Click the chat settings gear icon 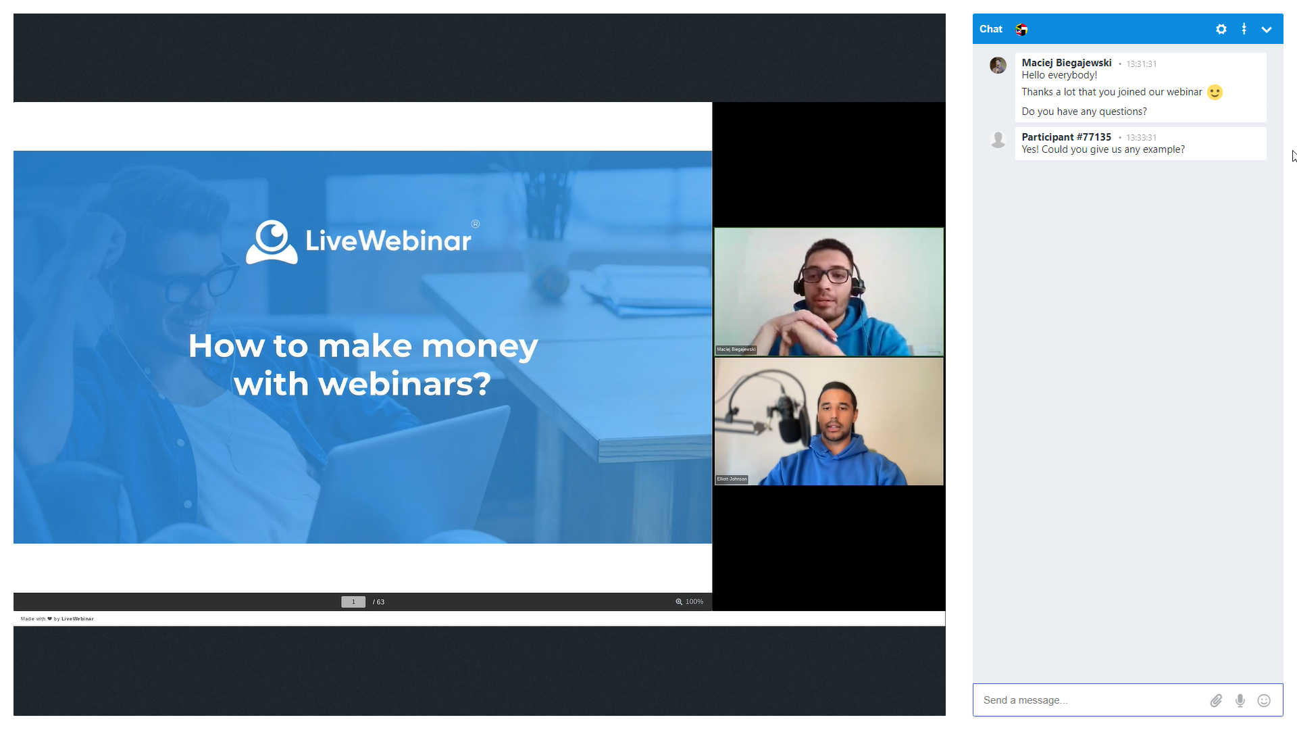pos(1221,29)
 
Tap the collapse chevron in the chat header pos(1267,29)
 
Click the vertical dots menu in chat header pos(1244,29)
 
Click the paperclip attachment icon pos(1216,700)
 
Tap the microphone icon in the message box pos(1240,700)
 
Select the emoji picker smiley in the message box pos(1264,700)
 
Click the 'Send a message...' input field pos(1088,700)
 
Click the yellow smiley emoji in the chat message pos(1215,92)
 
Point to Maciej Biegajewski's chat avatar pos(998,66)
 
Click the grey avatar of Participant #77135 pos(998,140)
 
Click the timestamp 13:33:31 pos(1141,138)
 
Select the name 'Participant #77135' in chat pos(1066,137)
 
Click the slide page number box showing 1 pos(353,602)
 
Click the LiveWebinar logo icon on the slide pos(272,241)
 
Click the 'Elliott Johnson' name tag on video pos(732,479)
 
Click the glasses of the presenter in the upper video pos(826,275)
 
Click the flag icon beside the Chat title pos(1021,29)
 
